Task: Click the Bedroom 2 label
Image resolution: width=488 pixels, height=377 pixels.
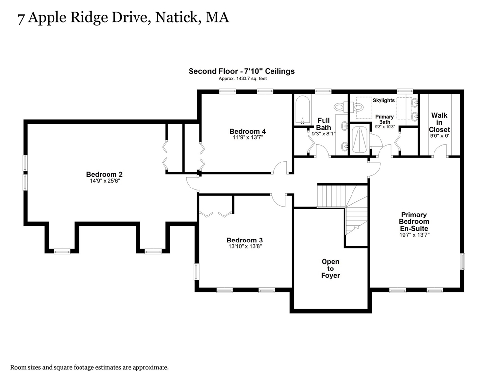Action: (104, 174)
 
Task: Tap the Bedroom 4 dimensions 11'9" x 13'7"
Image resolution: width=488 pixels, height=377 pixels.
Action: (247, 138)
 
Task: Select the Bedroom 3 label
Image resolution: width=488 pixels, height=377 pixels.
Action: (244, 240)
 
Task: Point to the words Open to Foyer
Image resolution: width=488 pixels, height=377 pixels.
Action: (330, 269)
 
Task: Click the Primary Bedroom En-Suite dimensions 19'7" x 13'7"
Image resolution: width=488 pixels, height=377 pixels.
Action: (413, 235)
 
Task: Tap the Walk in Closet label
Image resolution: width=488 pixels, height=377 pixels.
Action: (439, 122)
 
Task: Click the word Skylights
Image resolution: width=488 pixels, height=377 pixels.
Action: (383, 100)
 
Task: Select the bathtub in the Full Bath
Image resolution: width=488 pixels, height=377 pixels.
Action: (302, 110)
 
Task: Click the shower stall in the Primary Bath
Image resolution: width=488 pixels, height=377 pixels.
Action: (360, 139)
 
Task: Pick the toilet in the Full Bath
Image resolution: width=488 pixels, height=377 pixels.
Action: (340, 107)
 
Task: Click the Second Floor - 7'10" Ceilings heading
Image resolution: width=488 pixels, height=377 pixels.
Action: (241, 71)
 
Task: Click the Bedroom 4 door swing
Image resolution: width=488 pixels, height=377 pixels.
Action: (280, 167)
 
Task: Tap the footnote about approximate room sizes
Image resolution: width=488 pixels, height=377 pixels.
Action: (89, 367)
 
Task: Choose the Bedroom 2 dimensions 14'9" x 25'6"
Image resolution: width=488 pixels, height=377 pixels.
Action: (104, 181)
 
